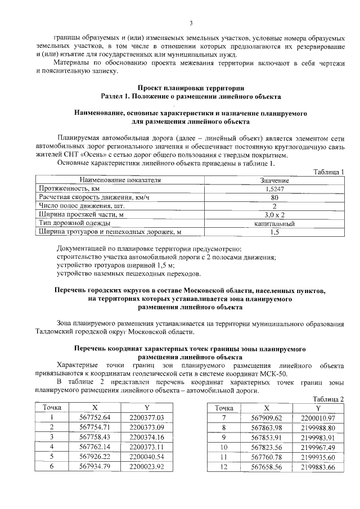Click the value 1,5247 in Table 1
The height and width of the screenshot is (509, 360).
(274, 189)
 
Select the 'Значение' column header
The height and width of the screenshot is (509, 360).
(274, 180)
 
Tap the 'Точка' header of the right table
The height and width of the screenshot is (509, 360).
(224, 408)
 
